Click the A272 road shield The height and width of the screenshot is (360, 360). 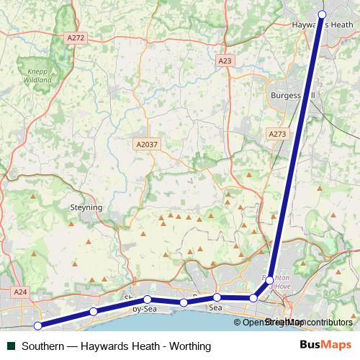(x=74, y=37)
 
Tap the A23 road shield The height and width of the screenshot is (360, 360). (x=225, y=61)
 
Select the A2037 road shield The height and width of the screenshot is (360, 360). (x=147, y=145)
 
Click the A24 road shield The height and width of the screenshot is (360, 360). (x=20, y=292)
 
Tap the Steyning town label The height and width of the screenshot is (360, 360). (x=86, y=207)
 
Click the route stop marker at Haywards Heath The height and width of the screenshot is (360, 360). (x=322, y=14)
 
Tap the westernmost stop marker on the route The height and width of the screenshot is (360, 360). (x=37, y=325)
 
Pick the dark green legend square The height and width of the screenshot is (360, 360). (x=11, y=346)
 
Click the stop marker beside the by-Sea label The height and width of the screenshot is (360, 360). (x=147, y=300)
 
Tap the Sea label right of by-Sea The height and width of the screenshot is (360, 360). (x=215, y=307)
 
